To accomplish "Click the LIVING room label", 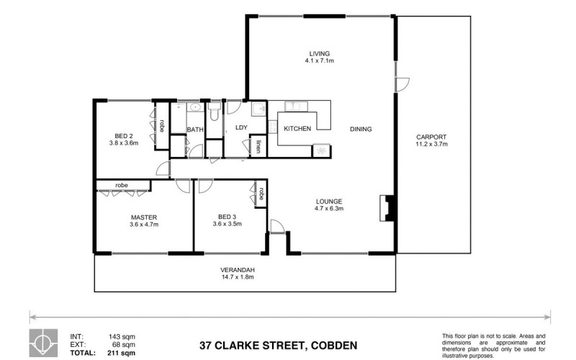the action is click(319, 53).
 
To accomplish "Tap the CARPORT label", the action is click(431, 137).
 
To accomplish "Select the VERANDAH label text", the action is click(238, 270).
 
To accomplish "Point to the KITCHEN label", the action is click(297, 129).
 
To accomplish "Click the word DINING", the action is click(361, 129).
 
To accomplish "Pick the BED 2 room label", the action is click(123, 136).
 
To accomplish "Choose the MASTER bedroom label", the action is click(143, 217).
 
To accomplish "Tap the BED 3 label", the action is click(227, 217).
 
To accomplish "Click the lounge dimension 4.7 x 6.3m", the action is click(329, 208).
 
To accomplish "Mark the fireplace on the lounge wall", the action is click(387, 208).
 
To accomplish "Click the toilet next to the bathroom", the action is click(214, 112).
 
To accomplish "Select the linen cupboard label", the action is click(258, 147).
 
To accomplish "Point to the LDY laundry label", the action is click(241, 127).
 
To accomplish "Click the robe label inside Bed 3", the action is click(261, 193).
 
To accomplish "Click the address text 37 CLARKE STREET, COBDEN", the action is click(278, 346).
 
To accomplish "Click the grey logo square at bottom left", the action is click(43, 343).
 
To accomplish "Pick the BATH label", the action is click(195, 130).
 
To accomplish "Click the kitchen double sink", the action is click(297, 106).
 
